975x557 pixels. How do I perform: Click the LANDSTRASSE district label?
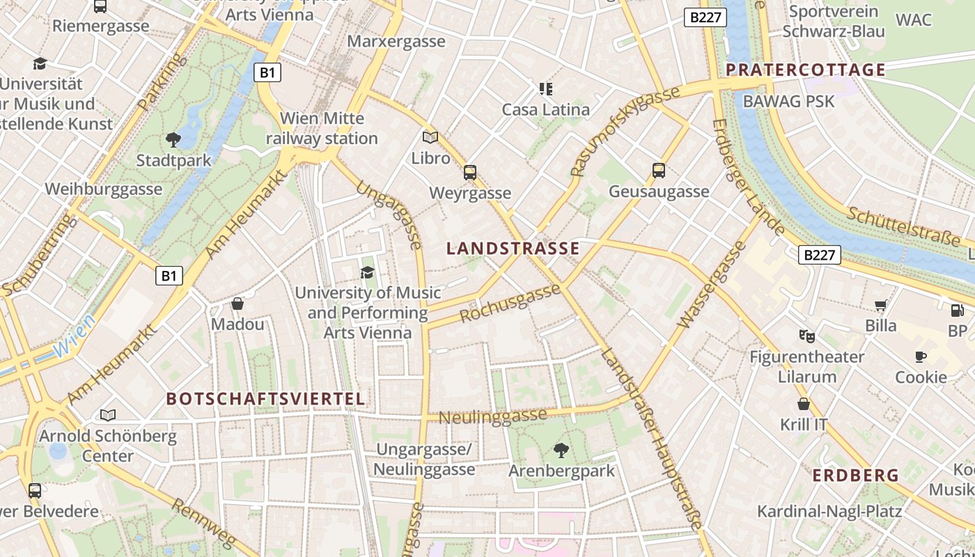(x=513, y=249)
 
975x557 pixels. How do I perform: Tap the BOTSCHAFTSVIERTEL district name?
(x=265, y=399)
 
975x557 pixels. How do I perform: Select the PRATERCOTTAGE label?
(x=806, y=70)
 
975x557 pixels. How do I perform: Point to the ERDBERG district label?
(x=856, y=476)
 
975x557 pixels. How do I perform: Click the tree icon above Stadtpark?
(x=173, y=140)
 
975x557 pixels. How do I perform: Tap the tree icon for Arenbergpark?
(x=561, y=450)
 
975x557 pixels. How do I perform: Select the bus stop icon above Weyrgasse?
(x=470, y=172)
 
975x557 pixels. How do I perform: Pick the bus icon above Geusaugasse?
(x=659, y=170)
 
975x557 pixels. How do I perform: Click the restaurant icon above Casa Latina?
(x=545, y=88)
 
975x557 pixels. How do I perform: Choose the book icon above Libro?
(x=430, y=137)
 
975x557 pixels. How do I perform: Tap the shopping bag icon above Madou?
(x=237, y=304)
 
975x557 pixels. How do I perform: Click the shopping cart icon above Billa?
(x=881, y=305)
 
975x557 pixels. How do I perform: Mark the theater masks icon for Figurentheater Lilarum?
(x=806, y=336)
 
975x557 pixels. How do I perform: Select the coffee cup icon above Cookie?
(x=921, y=356)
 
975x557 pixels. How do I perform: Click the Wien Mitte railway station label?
(x=322, y=128)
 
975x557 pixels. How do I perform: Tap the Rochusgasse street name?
(x=510, y=304)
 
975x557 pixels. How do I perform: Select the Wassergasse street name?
(x=710, y=285)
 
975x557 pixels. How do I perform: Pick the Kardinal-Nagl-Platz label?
(x=829, y=511)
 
